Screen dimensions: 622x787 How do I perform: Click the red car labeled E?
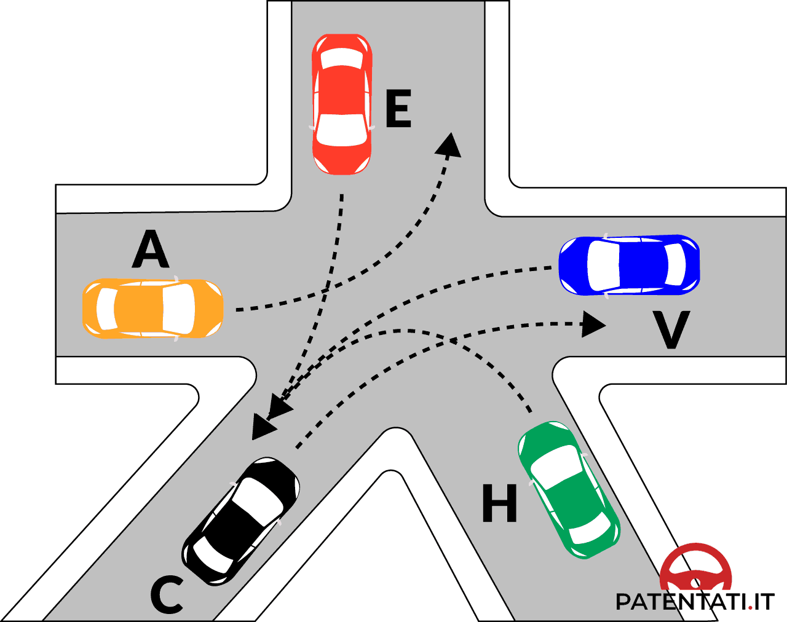click(342, 104)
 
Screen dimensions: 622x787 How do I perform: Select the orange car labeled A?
click(152, 309)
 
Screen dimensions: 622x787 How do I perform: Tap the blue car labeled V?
click(629, 265)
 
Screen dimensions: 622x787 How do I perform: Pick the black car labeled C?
click(241, 521)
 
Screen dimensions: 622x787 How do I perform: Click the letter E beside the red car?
click(398, 109)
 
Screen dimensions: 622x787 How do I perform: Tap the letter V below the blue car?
click(671, 330)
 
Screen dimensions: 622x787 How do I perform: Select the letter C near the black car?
click(167, 595)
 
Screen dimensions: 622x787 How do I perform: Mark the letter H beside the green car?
click(499, 503)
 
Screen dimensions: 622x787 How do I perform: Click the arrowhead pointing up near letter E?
click(450, 144)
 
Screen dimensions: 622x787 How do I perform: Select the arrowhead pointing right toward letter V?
click(594, 324)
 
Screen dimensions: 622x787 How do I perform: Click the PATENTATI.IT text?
click(695, 602)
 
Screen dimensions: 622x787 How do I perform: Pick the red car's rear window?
click(342, 58)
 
